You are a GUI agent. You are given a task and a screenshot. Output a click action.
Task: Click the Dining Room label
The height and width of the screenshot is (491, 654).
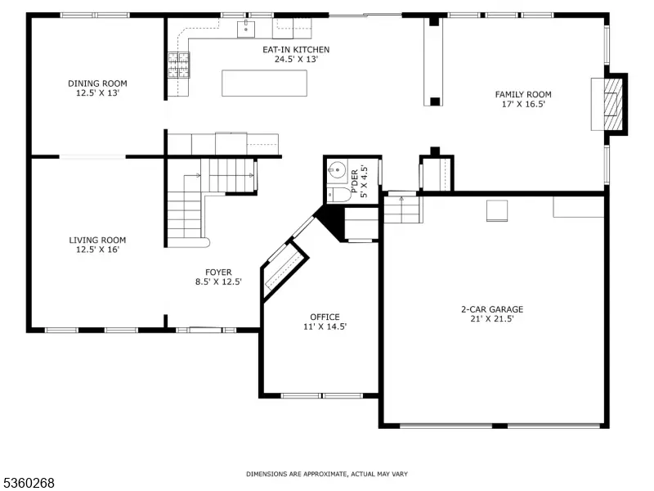click(97, 83)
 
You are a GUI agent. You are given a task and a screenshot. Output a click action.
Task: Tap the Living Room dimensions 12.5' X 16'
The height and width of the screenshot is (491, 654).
click(97, 250)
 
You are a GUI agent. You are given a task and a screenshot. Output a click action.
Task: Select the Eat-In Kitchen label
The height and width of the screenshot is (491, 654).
click(296, 50)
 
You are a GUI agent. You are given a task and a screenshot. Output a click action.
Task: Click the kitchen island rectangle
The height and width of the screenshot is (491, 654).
click(264, 83)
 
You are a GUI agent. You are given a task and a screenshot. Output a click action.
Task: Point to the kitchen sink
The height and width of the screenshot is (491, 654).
click(246, 29)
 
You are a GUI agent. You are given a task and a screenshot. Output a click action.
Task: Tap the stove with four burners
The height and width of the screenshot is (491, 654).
click(178, 65)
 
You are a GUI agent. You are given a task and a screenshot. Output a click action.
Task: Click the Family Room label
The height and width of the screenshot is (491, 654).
click(523, 95)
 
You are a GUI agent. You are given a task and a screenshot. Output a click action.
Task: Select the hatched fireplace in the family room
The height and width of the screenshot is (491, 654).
click(612, 104)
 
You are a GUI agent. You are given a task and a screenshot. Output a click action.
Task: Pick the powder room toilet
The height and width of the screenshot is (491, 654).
click(338, 195)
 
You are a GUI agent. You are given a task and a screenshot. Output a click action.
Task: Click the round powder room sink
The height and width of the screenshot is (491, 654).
click(337, 169)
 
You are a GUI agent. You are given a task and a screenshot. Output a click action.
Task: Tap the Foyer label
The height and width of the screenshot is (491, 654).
click(218, 273)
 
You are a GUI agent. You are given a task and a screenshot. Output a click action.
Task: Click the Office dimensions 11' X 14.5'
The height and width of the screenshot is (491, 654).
click(325, 327)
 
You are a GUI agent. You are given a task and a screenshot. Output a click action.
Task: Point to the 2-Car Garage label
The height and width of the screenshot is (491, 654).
click(492, 309)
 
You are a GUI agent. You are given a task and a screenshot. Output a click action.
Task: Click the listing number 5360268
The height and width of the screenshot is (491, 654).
click(27, 483)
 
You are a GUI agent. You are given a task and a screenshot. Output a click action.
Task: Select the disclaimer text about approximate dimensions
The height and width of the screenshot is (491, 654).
click(327, 474)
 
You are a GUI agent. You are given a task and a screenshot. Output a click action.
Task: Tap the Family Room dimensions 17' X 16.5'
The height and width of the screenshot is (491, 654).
click(523, 105)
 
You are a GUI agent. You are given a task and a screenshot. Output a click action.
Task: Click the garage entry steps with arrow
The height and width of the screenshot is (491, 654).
click(401, 209)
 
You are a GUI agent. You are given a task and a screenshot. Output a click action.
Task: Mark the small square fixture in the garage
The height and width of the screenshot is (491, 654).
click(497, 210)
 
